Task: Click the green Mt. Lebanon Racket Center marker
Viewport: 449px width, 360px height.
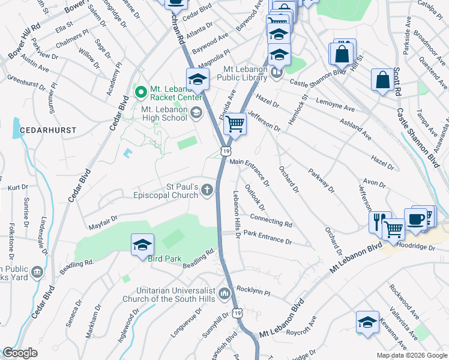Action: coord(141,92)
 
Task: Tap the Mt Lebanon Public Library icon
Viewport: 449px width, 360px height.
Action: coord(276,74)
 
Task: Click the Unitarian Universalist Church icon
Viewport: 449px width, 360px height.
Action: coord(224,293)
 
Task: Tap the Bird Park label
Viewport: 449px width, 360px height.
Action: coord(148,259)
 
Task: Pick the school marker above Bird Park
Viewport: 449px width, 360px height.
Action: coord(143,244)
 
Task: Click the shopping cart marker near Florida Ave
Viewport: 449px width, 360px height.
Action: coord(235,124)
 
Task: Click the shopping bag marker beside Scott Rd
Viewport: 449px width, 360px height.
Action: coord(382,80)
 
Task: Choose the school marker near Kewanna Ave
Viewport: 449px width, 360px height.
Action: coord(367,322)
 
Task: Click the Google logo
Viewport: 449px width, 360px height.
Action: coord(20,353)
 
